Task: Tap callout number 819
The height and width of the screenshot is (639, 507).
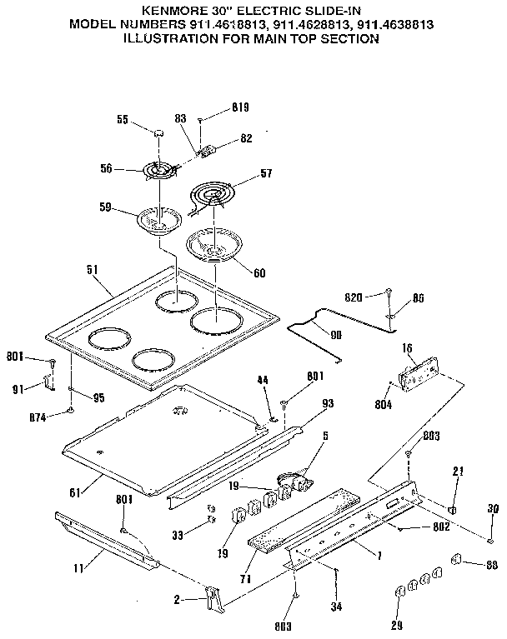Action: pos(241,108)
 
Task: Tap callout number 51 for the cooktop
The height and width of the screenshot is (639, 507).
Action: pos(93,270)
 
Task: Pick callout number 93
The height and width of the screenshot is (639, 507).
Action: pos(327,403)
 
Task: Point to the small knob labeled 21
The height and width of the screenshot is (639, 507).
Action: pos(453,509)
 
